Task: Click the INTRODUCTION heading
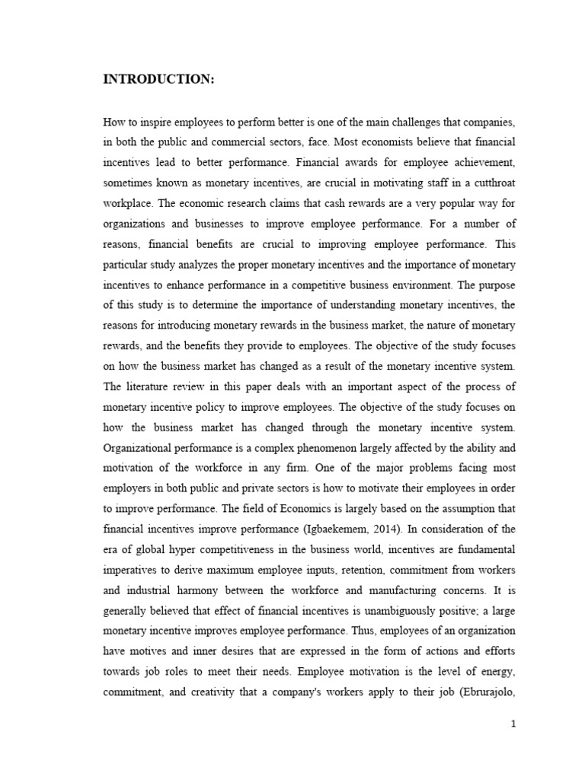tap(159, 82)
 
